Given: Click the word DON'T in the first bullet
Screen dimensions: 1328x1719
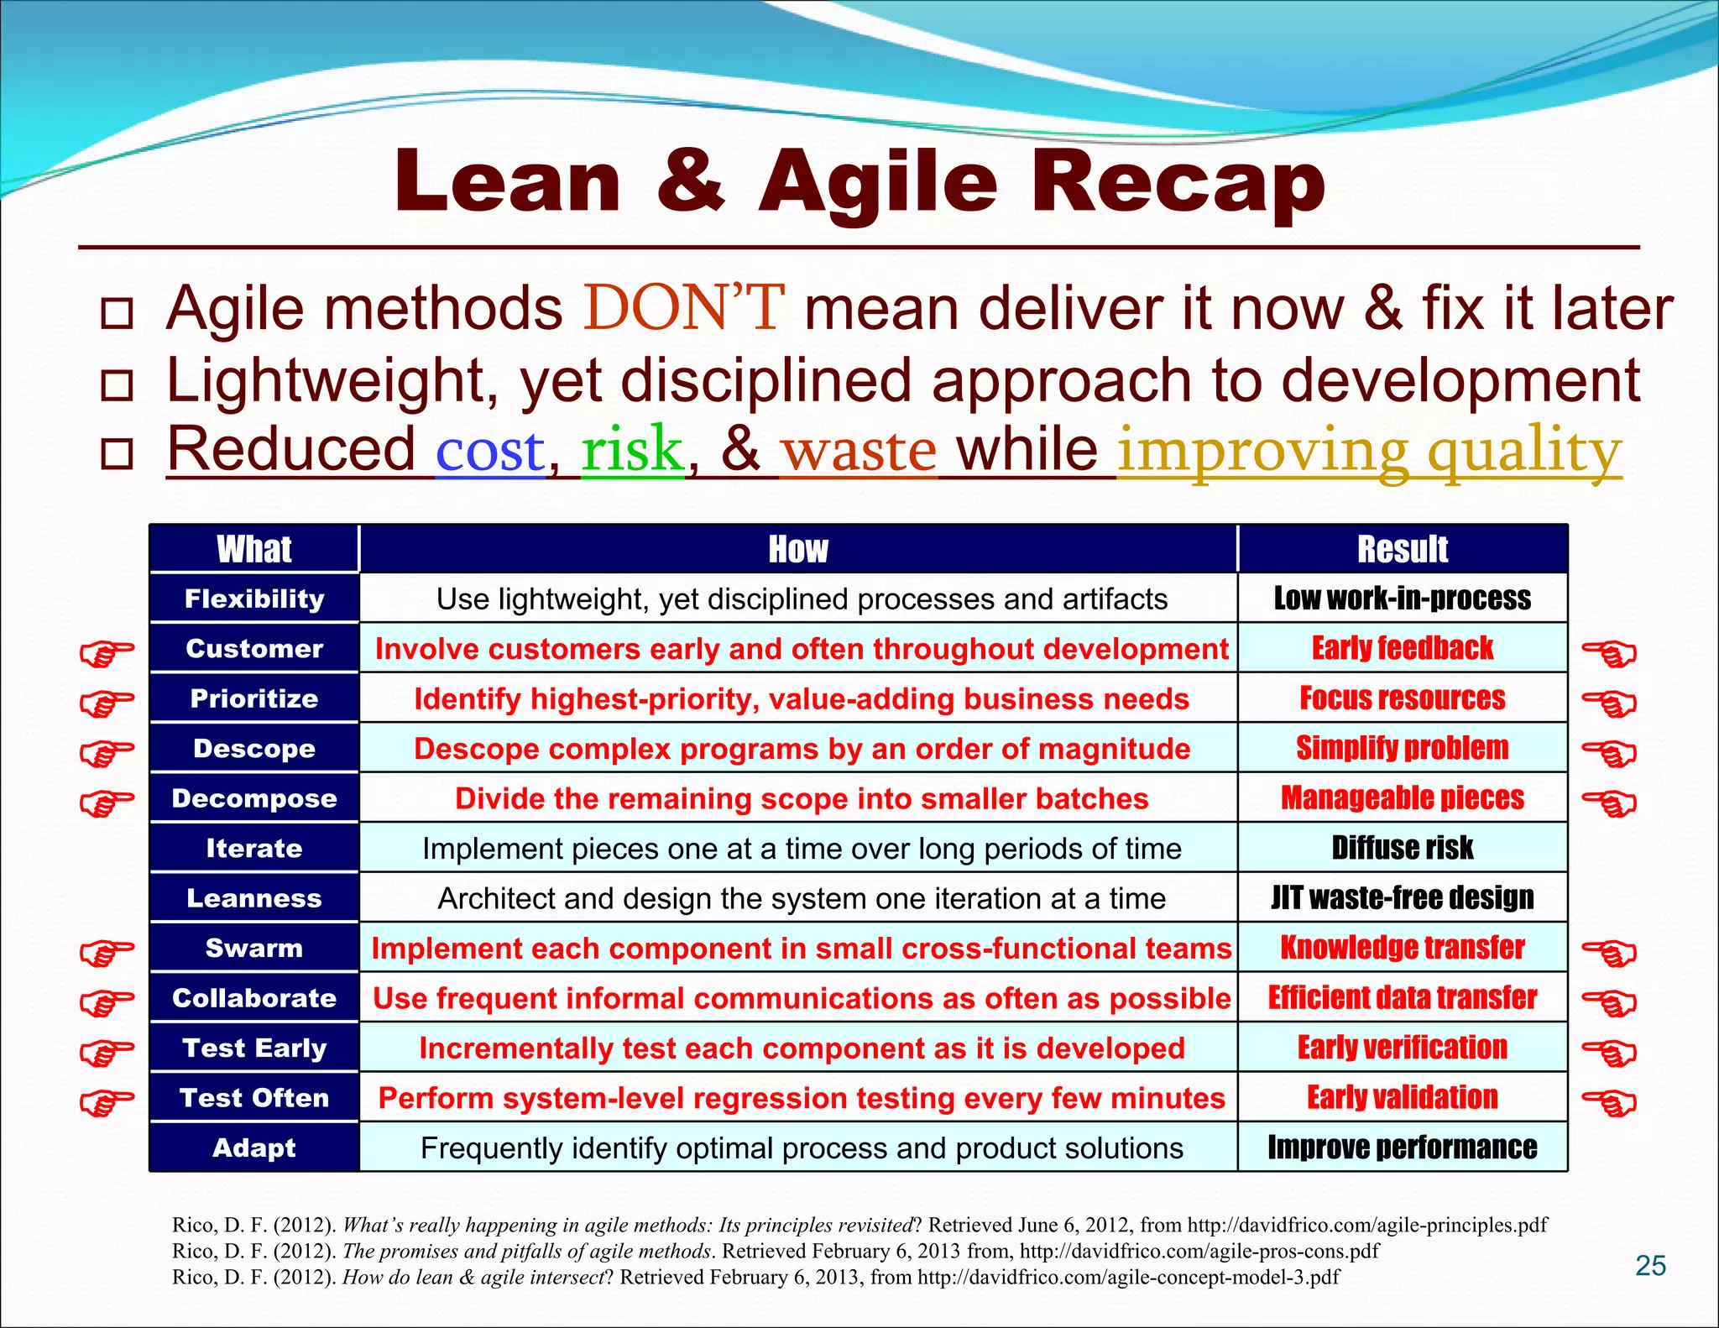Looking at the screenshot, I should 684,308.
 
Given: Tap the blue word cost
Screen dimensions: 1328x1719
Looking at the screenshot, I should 490,450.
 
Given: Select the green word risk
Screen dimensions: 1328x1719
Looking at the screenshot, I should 632,450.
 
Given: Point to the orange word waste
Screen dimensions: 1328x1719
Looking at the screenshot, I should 858,450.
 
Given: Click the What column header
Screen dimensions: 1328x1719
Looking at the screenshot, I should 254,549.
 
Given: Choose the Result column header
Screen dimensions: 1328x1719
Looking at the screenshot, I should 1402,549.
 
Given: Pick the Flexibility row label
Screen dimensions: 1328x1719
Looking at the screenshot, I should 254,599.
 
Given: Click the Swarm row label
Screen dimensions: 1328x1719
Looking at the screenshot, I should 254,948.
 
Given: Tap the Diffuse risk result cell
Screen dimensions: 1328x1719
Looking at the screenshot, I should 1402,848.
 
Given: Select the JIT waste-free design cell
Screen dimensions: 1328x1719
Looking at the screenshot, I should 1402,898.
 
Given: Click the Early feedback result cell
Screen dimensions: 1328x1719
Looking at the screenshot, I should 1402,648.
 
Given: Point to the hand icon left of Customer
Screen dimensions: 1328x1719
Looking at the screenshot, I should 107,652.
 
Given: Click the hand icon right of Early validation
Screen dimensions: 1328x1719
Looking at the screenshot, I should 1609,1101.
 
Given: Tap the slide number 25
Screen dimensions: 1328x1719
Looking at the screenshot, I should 1650,1265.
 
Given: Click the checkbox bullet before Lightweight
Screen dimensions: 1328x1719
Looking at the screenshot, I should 117,385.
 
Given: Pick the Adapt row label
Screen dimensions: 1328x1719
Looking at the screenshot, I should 254,1148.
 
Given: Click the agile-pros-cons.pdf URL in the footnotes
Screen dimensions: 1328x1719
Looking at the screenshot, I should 1199,1251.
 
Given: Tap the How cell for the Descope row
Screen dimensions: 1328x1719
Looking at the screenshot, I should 802,749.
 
